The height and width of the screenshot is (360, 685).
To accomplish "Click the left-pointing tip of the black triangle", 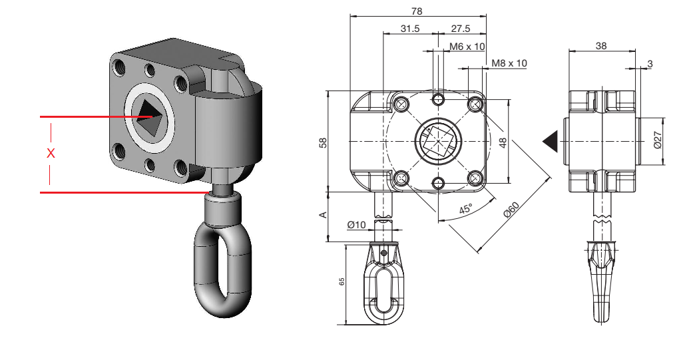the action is point(543,141).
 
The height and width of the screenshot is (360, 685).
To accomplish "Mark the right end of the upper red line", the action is point(152,116).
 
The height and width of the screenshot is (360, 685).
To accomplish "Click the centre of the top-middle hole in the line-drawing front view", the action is point(438,99).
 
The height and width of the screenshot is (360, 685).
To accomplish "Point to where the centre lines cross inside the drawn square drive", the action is point(438,141).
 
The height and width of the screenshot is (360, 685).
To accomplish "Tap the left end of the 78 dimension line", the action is point(350,17).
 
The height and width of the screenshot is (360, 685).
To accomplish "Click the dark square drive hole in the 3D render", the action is point(150,116).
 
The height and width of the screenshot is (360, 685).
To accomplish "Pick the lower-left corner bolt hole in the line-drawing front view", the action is point(401,178).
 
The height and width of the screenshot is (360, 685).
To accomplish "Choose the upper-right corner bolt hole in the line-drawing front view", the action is point(475,104).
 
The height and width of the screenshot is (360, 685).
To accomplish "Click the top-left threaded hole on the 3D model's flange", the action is point(118,67).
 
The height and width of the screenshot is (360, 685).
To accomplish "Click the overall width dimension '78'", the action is point(417,11).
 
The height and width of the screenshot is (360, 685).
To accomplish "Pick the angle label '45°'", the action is point(466,209).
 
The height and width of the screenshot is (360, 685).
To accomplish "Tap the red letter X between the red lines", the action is point(51,153).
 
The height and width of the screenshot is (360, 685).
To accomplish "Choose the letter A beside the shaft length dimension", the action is point(324,215).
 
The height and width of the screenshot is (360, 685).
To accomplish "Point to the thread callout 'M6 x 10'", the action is point(467,47).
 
